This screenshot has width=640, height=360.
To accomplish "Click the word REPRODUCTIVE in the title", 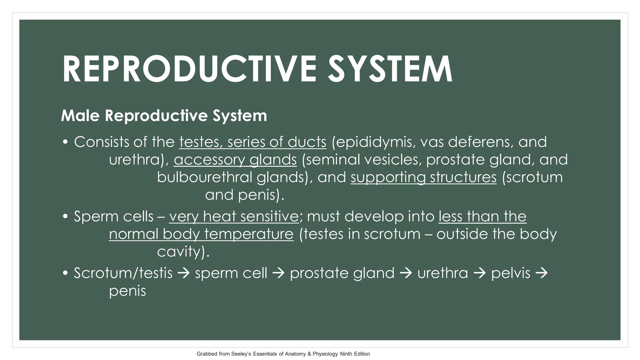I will pyautogui.click(x=189, y=69).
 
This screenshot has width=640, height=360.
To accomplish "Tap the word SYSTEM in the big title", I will pyautogui.click(x=390, y=69).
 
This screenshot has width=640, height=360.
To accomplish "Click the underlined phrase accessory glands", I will pyautogui.click(x=235, y=160).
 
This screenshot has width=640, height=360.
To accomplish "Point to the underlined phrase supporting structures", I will pyautogui.click(x=423, y=177).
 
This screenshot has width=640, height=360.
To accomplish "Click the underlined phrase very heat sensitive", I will pyautogui.click(x=234, y=217).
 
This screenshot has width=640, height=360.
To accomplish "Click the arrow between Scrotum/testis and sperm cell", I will pyautogui.click(x=184, y=273).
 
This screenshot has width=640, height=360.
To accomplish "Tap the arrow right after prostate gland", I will pyautogui.click(x=406, y=273).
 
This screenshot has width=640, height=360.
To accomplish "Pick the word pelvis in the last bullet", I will pyautogui.click(x=511, y=273).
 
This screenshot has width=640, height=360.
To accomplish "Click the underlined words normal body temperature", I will pyautogui.click(x=201, y=234).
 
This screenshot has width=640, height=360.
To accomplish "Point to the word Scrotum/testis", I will pyautogui.click(x=123, y=273).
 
